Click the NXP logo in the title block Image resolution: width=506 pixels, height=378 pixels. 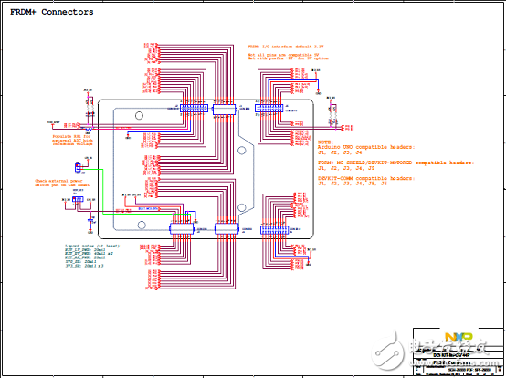[454, 337]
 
